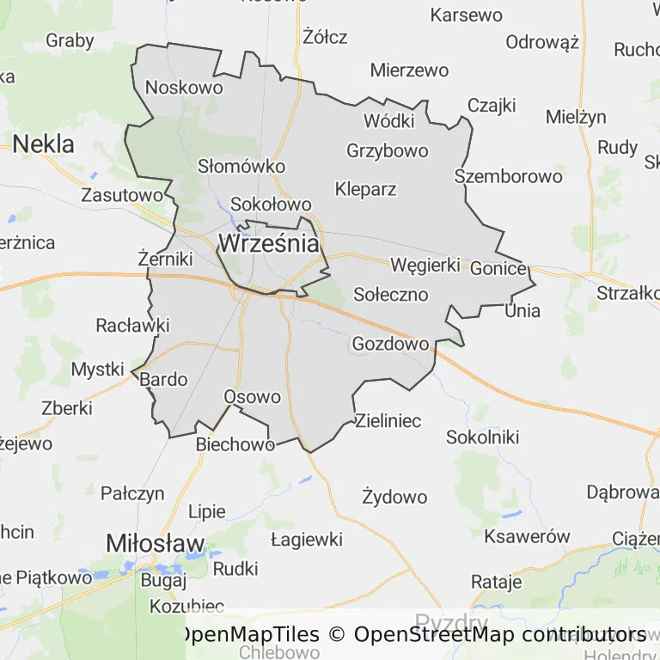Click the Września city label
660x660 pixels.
pyautogui.click(x=269, y=243)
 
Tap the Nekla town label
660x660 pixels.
pyautogui.click(x=43, y=143)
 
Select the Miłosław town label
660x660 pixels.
pyautogui.click(x=156, y=543)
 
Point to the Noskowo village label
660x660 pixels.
pyautogui.click(x=184, y=87)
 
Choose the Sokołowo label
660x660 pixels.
pyautogui.click(x=271, y=205)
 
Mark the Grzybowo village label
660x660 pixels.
pyautogui.click(x=388, y=150)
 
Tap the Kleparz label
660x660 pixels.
pyautogui.click(x=366, y=189)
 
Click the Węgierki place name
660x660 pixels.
pyautogui.click(x=425, y=265)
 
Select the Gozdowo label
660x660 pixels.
pyautogui.click(x=390, y=344)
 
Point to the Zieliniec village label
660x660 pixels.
pyautogui.click(x=388, y=421)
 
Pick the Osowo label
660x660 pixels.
pyautogui.click(x=252, y=397)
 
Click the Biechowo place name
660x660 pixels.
pyautogui.click(x=235, y=444)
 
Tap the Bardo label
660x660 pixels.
pyautogui.click(x=163, y=379)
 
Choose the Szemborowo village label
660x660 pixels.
pyautogui.click(x=509, y=176)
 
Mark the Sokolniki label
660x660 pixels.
pyautogui.click(x=483, y=437)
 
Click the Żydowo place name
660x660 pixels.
pyautogui.click(x=394, y=497)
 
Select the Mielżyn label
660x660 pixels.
pyautogui.click(x=576, y=117)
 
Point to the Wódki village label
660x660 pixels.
pyautogui.click(x=389, y=120)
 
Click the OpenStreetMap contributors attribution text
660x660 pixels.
pyautogui.click(x=500, y=634)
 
